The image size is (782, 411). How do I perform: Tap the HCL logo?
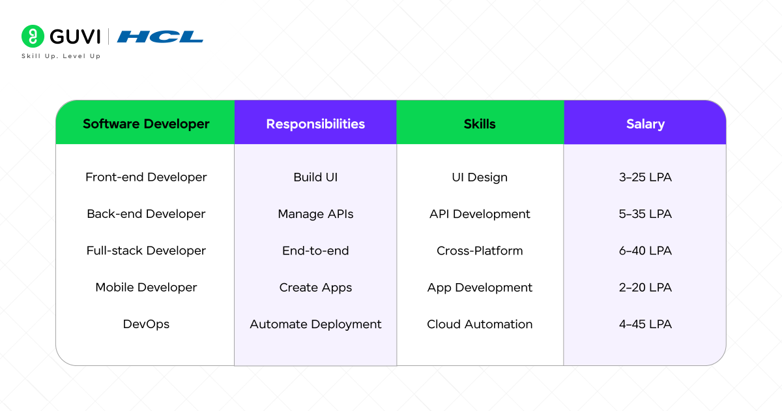click(160, 37)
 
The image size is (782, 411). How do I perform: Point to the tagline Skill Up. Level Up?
click(61, 56)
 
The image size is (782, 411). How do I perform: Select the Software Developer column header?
click(146, 123)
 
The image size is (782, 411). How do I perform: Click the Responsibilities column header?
click(315, 123)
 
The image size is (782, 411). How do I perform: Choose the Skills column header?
click(480, 123)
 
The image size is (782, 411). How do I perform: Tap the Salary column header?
click(645, 123)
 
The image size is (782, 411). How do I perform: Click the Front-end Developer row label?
click(146, 177)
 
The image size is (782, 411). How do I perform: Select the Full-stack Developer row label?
click(146, 251)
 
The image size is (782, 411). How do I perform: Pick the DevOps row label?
click(146, 324)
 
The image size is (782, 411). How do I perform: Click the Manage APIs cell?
click(315, 214)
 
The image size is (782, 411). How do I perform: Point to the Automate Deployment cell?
click(315, 324)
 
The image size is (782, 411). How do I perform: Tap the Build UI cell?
click(315, 177)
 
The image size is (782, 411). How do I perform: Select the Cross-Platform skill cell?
click(480, 251)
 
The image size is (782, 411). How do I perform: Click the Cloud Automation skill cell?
click(480, 324)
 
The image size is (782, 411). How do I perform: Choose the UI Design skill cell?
click(480, 177)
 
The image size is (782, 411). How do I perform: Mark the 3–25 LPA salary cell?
click(645, 177)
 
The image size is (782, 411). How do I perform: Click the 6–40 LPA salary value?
click(645, 251)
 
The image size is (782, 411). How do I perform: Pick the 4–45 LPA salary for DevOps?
click(645, 324)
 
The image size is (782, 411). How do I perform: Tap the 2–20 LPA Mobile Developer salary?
click(645, 288)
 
